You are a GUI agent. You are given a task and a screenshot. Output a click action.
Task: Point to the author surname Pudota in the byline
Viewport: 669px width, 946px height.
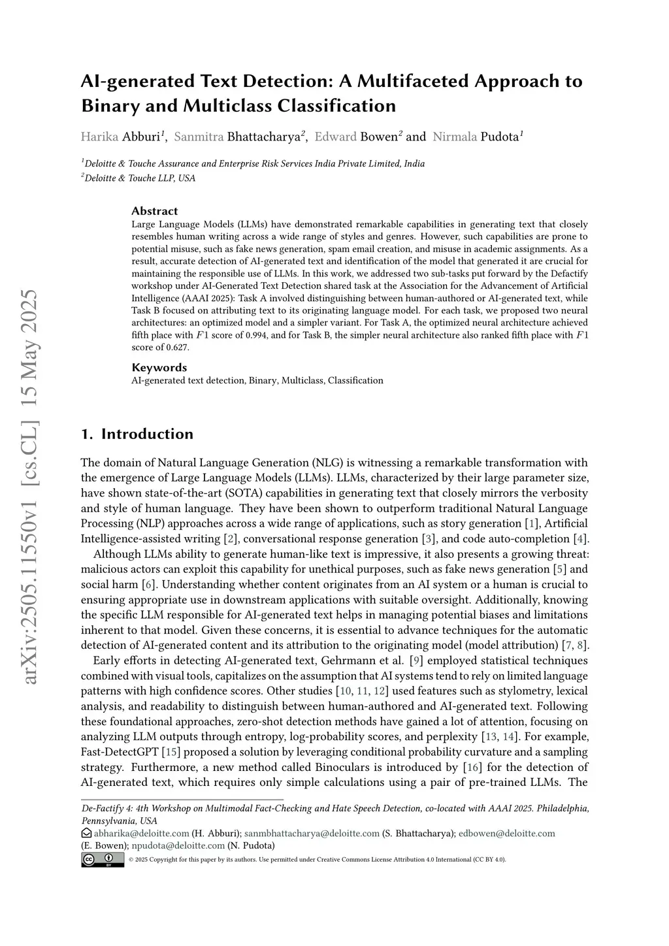coord(499,137)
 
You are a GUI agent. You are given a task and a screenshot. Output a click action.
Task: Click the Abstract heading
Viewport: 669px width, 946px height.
coord(155,211)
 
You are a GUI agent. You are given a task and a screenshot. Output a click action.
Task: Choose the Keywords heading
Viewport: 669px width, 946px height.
coord(159,367)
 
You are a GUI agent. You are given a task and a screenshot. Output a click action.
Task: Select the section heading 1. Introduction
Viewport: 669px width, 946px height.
coord(137,434)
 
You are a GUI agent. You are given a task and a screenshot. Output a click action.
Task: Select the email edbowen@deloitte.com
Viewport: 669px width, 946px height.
coord(506,833)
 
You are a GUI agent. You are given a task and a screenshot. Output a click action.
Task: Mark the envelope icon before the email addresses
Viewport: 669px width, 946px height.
coord(86,833)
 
